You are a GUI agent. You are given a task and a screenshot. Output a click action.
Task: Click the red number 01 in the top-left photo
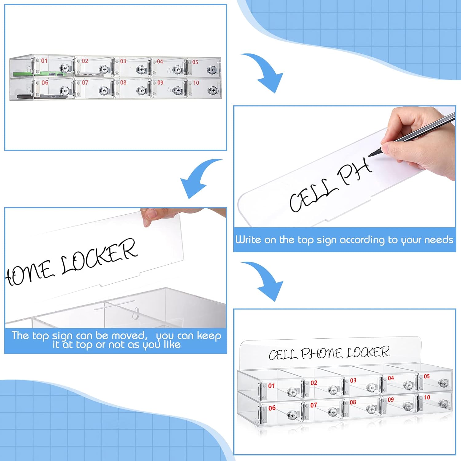tap(44, 61)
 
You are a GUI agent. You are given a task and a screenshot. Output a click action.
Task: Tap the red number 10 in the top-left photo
tap(196, 83)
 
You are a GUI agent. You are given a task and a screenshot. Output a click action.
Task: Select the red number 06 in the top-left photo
tap(45, 82)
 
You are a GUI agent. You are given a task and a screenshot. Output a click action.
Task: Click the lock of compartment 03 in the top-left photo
tap(141, 70)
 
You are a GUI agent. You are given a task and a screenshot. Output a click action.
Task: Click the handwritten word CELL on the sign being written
tap(311, 195)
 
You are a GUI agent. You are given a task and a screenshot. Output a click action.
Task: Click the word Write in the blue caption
tap(248, 239)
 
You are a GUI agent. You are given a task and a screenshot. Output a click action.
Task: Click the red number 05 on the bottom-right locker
tap(427, 376)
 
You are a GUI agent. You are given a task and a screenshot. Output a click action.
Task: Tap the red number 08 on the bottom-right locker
tap(353, 402)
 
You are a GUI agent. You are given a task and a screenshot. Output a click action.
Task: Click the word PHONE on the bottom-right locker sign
tap(321, 353)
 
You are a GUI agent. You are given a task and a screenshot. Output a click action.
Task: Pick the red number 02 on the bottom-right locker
tap(313, 383)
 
